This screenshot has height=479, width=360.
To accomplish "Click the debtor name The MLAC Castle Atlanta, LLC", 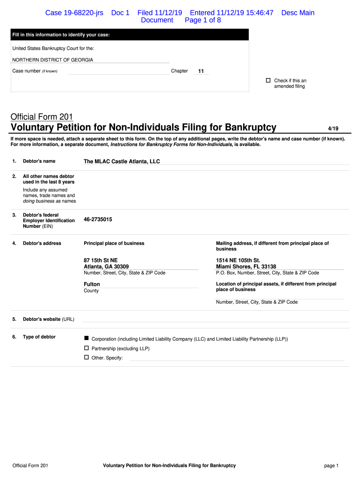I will click(x=122, y=161).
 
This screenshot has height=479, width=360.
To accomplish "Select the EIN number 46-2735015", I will click(x=98, y=219).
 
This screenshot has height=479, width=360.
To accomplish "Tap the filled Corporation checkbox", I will click(x=86, y=338).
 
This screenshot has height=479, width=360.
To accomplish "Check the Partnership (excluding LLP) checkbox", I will click(x=86, y=348).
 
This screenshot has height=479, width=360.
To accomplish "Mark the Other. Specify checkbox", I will click(x=86, y=357).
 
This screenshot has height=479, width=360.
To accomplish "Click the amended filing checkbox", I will click(x=268, y=80).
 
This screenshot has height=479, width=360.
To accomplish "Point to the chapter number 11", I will click(x=201, y=72).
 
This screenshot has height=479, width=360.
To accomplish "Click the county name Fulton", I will click(x=92, y=284).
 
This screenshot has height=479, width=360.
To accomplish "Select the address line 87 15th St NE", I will click(x=104, y=261).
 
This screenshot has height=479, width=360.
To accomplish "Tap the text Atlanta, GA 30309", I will click(x=106, y=267).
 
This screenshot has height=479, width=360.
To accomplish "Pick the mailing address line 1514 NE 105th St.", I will click(x=238, y=261).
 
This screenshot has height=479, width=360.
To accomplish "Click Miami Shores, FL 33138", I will click(x=246, y=267).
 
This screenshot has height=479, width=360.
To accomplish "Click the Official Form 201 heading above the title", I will click(x=42, y=117).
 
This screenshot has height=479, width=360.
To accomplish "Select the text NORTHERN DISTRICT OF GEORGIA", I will click(x=52, y=60).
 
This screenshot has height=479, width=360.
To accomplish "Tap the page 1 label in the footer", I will click(x=331, y=466).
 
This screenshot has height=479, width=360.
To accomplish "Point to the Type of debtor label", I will click(x=39, y=337).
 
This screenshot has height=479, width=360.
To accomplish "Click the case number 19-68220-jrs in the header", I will click(x=74, y=13).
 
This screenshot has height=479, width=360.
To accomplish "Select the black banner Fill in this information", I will click(x=130, y=35).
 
